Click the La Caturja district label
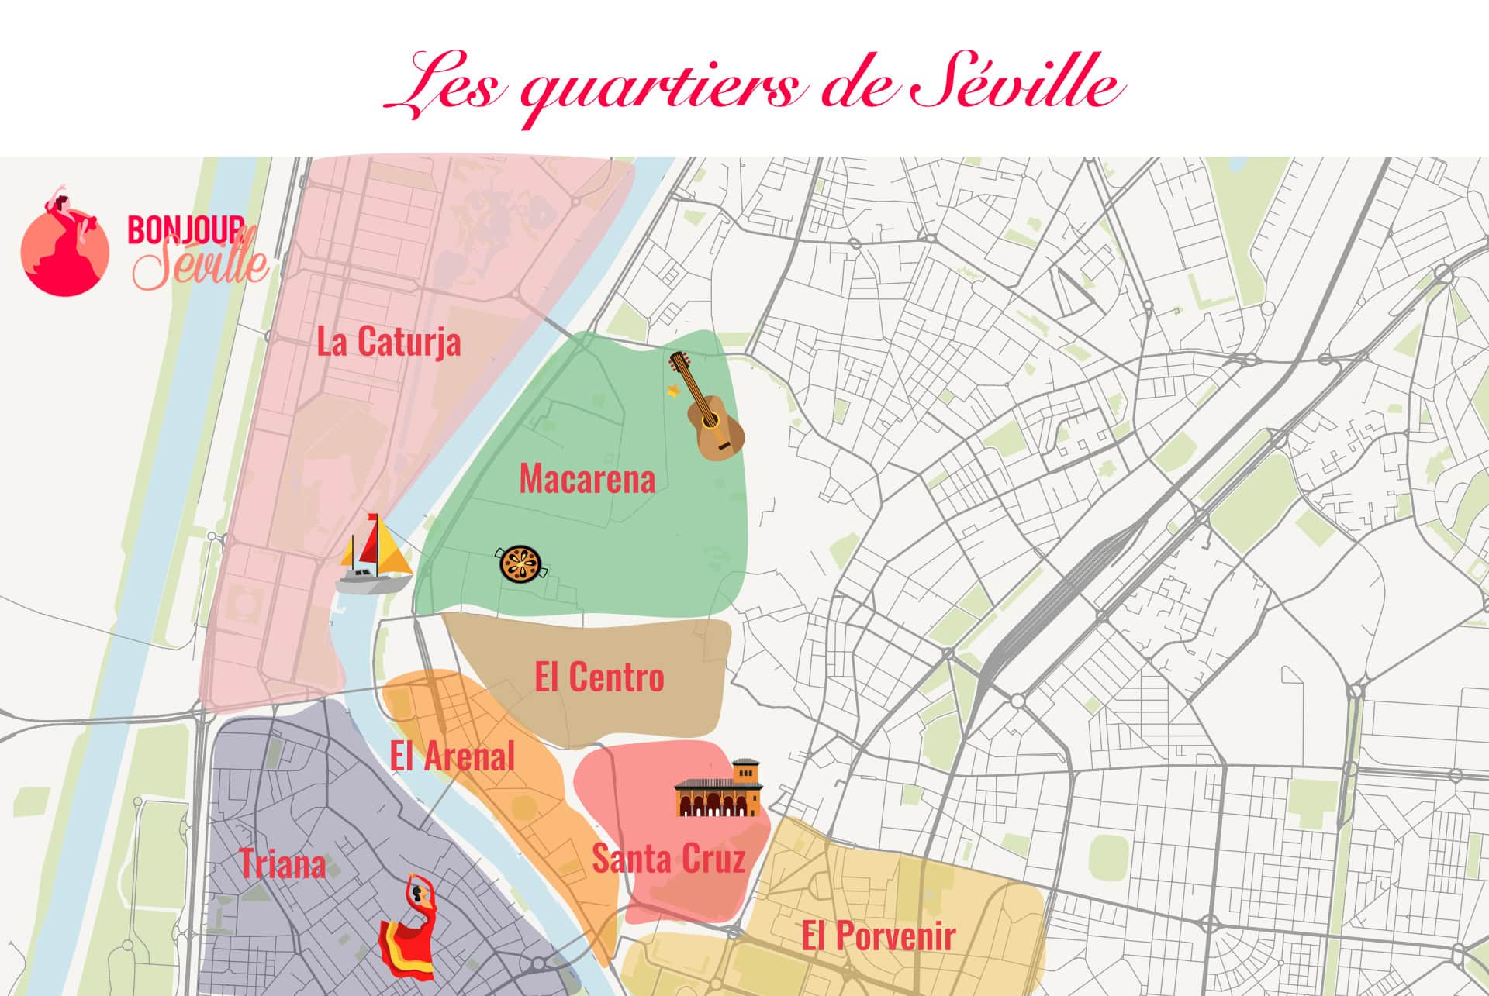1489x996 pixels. pyautogui.click(x=389, y=342)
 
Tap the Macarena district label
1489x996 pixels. pyautogui.click(x=587, y=478)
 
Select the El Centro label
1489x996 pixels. pyautogui.click(x=599, y=677)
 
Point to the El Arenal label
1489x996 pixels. pyautogui.click(x=452, y=756)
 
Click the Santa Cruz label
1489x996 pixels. pyautogui.click(x=668, y=859)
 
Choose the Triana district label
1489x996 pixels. pyautogui.click(x=282, y=864)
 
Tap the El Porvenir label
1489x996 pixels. pyautogui.click(x=878, y=936)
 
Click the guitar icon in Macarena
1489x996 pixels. pyautogui.click(x=709, y=407)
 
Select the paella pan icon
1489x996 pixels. pyautogui.click(x=520, y=564)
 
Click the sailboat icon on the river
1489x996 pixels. pyautogui.click(x=376, y=557)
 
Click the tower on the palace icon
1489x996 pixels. pyautogui.click(x=746, y=775)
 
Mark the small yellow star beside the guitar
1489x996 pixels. pyautogui.click(x=673, y=390)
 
